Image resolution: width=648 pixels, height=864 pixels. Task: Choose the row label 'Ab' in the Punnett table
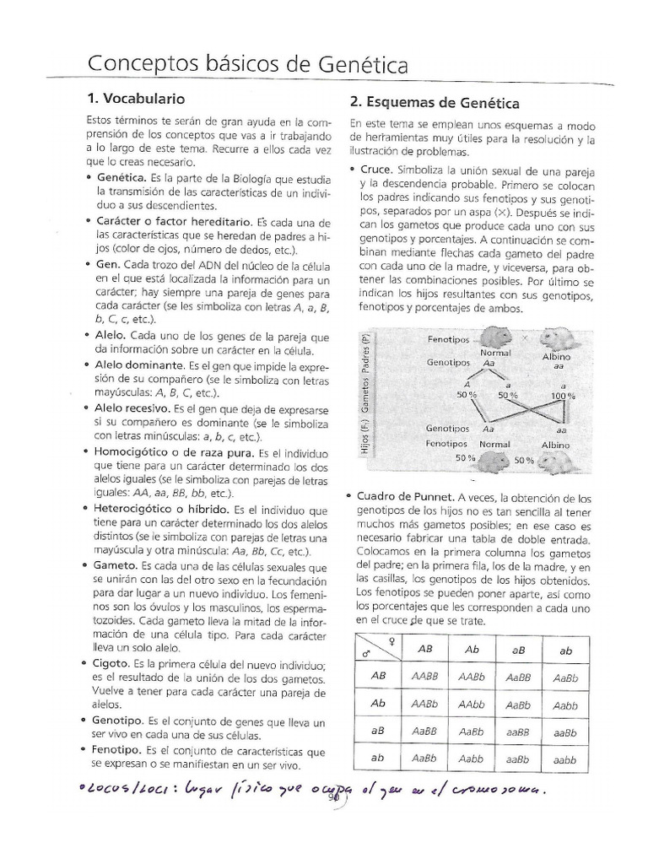(x=378, y=704)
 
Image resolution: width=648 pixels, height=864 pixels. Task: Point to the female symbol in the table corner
(x=390, y=641)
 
